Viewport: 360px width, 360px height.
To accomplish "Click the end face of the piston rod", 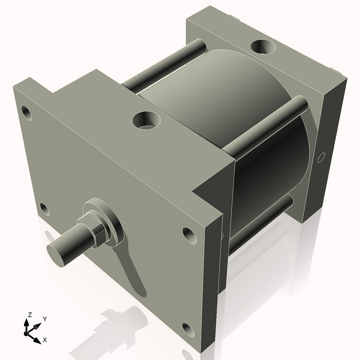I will click(59, 251).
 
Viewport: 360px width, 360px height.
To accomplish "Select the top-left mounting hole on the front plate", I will click(25, 111).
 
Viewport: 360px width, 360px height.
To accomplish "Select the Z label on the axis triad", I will click(29, 314).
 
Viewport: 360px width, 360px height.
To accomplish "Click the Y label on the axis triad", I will click(44, 319).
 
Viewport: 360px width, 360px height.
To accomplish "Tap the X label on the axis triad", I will click(44, 340).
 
